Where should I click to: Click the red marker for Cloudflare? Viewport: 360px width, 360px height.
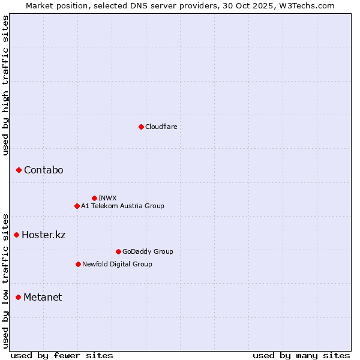[141, 127]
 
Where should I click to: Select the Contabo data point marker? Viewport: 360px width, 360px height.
[19, 170]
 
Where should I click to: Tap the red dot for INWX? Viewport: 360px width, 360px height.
[94, 198]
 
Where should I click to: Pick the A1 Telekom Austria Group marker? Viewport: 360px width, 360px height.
[77, 206]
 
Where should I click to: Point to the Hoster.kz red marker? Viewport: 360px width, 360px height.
[16, 235]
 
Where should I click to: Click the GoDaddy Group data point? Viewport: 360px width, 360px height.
[118, 251]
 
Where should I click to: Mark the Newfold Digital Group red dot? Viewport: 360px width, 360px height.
[78, 264]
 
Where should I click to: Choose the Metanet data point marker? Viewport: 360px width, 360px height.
[18, 297]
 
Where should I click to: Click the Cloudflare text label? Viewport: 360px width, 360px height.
[161, 127]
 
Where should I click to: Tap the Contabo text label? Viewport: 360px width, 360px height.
[44, 170]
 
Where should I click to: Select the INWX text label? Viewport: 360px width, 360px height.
[107, 198]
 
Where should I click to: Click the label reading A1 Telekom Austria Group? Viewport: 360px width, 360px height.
[122, 206]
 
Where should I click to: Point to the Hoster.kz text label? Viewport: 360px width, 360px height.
[43, 235]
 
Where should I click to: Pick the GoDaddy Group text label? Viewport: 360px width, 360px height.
[148, 251]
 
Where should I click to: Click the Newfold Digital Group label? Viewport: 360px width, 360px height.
[117, 264]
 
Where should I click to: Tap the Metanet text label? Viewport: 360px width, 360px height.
[43, 297]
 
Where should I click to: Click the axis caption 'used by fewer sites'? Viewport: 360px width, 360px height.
[62, 355]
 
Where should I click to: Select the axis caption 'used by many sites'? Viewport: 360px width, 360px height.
[301, 355]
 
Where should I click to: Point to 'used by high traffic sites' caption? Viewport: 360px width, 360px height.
[6, 85]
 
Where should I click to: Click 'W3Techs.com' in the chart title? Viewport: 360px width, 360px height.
[310, 5]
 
